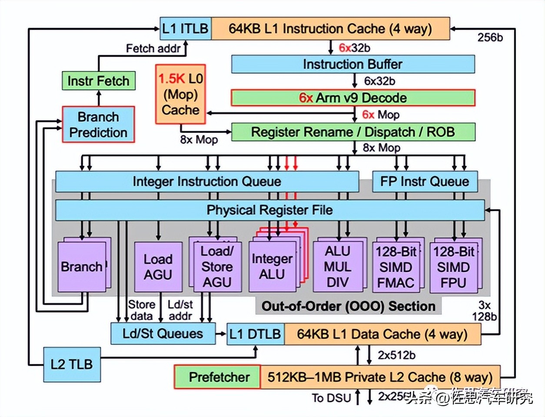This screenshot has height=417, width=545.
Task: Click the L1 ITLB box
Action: [186, 29]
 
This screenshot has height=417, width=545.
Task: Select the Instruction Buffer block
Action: [352, 64]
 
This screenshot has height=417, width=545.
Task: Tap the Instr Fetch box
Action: [98, 81]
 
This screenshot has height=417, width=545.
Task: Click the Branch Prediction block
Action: [98, 124]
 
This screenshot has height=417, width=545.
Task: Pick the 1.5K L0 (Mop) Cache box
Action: [180, 94]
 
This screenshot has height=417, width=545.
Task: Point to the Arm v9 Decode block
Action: [352, 98]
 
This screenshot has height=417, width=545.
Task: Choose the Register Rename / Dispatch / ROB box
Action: [352, 132]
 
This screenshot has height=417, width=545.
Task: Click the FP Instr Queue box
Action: [425, 182]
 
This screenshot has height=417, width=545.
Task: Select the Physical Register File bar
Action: [269, 210]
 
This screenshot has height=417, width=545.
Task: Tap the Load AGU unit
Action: [158, 267]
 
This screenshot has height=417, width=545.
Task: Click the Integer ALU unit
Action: [272, 267]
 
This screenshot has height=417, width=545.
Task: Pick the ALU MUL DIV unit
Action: [337, 267]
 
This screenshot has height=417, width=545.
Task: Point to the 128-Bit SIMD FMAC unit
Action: [395, 267]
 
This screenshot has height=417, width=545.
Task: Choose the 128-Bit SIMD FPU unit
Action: [453, 267]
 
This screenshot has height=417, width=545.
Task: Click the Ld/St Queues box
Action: [163, 334]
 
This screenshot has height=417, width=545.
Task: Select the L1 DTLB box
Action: [255, 334]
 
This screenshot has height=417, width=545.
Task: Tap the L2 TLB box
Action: [72, 364]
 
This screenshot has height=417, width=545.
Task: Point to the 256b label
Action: [490, 37]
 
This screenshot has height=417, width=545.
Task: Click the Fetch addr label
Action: [153, 48]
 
